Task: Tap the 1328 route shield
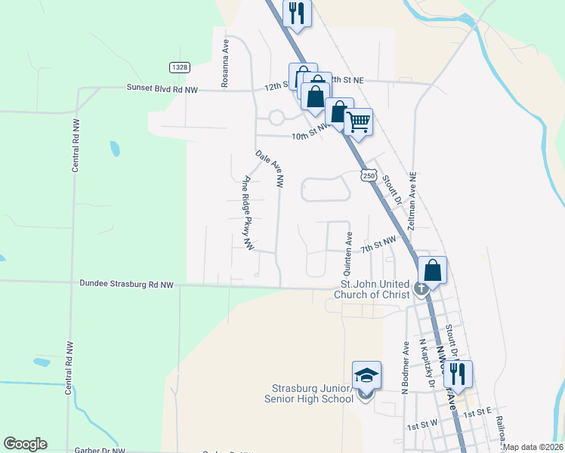tap(179, 67)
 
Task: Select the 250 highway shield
tap(368, 175)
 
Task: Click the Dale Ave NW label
tap(270, 168)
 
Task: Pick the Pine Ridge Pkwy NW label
tap(247, 214)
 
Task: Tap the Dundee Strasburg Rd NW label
tap(126, 285)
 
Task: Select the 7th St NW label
tap(378, 244)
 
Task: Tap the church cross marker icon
tap(421, 288)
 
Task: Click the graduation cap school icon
tap(366, 375)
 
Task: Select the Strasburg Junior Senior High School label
tap(307, 393)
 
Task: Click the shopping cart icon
tap(358, 121)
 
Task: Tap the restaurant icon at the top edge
tap(297, 13)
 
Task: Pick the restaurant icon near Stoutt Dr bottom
tap(458, 374)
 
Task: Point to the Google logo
tap(25, 444)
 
